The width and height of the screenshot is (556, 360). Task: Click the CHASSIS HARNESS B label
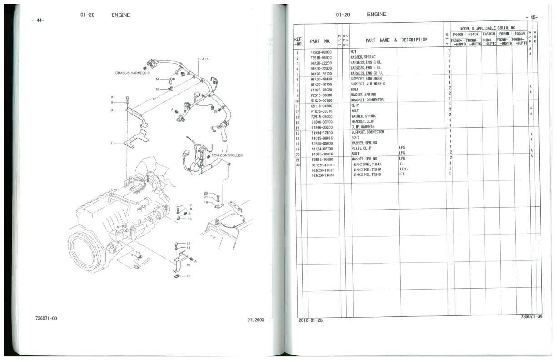pyautogui.click(x=132, y=73)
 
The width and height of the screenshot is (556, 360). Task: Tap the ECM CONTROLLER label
pyautogui.click(x=227, y=155)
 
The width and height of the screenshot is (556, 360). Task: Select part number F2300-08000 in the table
pyautogui.click(x=321, y=52)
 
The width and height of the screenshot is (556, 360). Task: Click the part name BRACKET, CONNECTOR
pyautogui.click(x=367, y=100)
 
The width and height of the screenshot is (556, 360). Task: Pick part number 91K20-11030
pyautogui.click(x=323, y=175)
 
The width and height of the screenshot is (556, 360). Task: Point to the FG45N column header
pyautogui.click(x=474, y=34)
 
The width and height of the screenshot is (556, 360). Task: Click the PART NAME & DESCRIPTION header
pyautogui.click(x=396, y=40)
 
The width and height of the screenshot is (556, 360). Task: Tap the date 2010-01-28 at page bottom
pyautogui.click(x=310, y=320)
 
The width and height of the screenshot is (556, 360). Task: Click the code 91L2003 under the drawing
pyautogui.click(x=255, y=320)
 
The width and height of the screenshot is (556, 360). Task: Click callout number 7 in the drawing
pyautogui.click(x=111, y=143)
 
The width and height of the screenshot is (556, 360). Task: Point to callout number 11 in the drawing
pyautogui.click(x=188, y=276)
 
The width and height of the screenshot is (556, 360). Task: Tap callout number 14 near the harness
pyautogui.click(x=157, y=80)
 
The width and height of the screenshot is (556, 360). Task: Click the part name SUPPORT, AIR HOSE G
pyautogui.click(x=368, y=84)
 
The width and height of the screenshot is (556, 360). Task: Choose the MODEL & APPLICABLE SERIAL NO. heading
pyautogui.click(x=488, y=28)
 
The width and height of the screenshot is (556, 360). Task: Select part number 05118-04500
pyautogui.click(x=322, y=106)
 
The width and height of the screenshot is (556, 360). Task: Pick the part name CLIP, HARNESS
pyautogui.click(x=362, y=127)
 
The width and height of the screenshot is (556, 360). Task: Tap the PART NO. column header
pyautogui.click(x=320, y=41)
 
